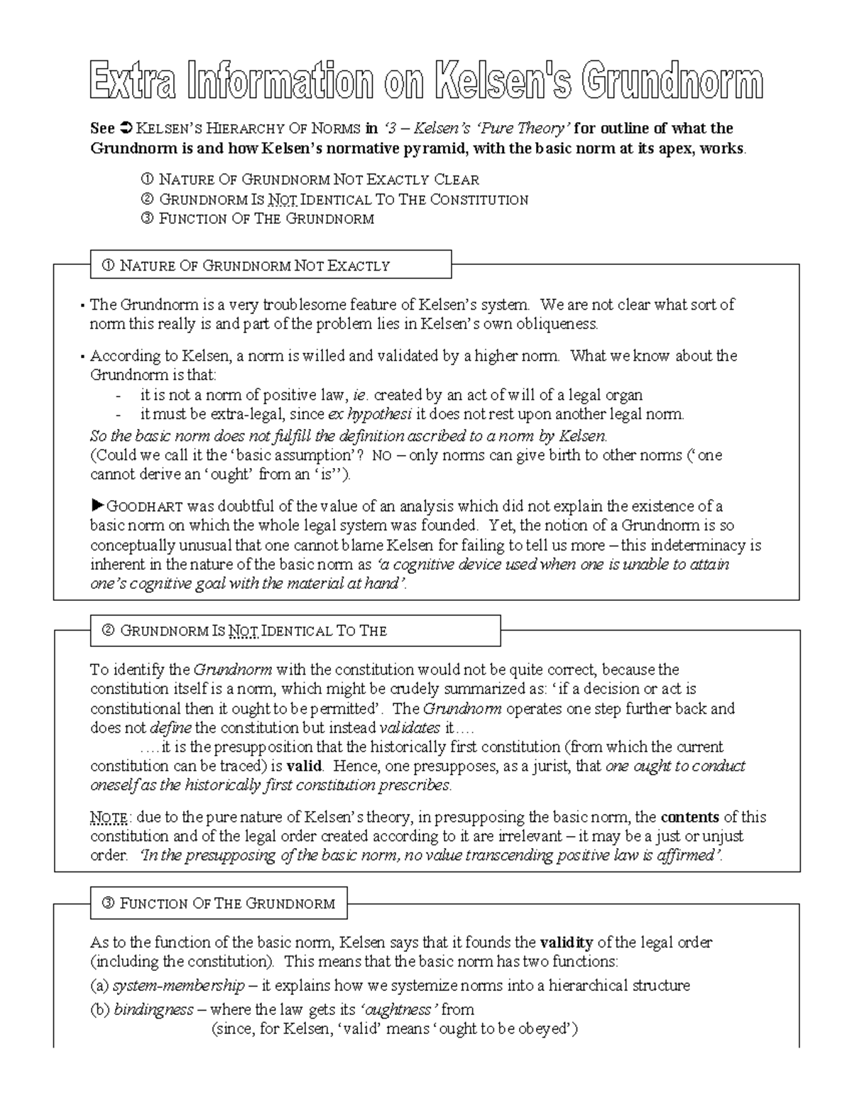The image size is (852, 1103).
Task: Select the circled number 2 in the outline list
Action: (148, 200)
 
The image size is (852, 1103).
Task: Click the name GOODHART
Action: (145, 507)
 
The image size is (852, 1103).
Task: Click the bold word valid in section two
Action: (304, 766)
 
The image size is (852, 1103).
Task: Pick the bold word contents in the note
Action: (689, 817)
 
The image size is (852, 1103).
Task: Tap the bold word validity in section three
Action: (566, 942)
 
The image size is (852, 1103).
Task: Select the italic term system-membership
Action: (178, 986)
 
